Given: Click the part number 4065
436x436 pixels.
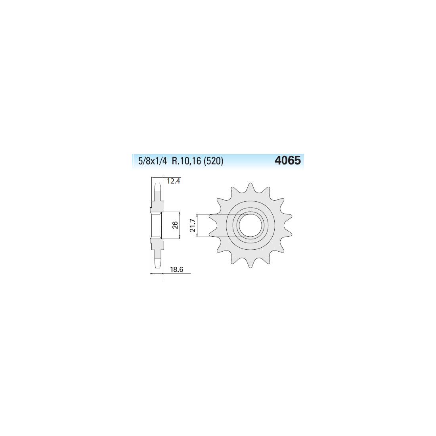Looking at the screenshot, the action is tap(287, 161).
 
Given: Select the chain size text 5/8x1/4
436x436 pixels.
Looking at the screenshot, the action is tap(153, 161).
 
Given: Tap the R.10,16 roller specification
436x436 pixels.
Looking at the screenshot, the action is tap(186, 161).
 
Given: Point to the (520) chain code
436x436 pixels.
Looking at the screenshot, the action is tap(214, 161).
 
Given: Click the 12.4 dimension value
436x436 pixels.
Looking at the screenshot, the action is tap(173, 181).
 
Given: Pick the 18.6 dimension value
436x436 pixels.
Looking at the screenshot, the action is tap(176, 270).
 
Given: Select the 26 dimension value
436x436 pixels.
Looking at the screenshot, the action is tap(175, 225).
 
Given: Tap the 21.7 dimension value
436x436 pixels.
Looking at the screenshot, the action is tap(192, 225).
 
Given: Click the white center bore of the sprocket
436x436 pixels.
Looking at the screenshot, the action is tap(251, 225).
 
